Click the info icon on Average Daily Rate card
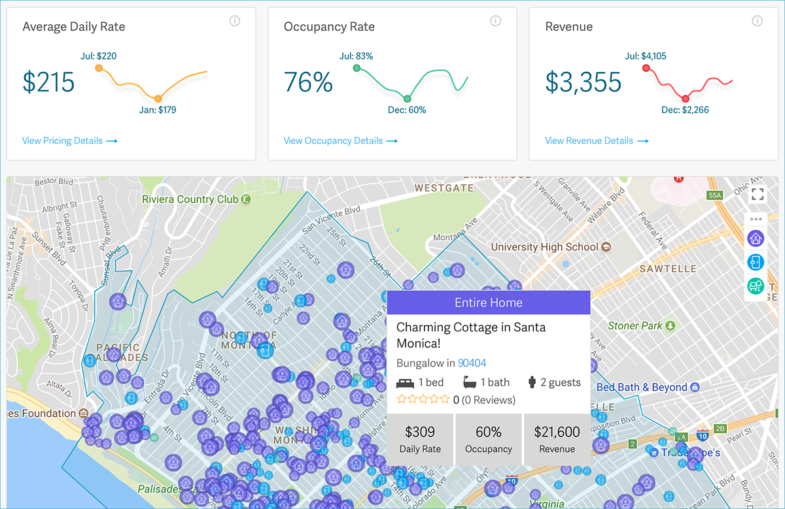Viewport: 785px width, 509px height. click(235, 21)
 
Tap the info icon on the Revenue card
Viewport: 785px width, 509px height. click(757, 21)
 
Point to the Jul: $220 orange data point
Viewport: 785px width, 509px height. click(99, 68)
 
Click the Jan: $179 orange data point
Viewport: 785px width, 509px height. click(158, 99)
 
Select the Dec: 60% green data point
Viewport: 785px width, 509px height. click(407, 99)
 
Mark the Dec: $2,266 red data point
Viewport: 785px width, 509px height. click(685, 99)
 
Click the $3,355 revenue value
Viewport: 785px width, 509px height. click(584, 82)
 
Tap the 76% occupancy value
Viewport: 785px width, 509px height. click(308, 82)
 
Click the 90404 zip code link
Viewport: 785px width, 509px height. click(472, 363)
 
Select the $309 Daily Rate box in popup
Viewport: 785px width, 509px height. click(419, 440)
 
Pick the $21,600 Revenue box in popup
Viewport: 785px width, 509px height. click(557, 440)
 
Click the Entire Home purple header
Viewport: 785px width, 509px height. click(489, 303)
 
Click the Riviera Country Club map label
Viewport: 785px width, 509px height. click(190, 199)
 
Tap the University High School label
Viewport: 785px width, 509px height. click(544, 247)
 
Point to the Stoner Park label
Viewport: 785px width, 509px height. click(635, 325)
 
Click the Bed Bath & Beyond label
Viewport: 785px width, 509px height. click(642, 387)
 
